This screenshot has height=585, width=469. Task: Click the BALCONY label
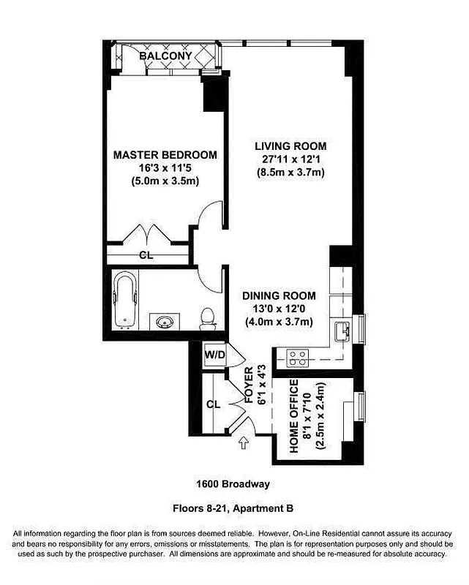click(166, 56)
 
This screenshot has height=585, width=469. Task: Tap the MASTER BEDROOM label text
click(165, 155)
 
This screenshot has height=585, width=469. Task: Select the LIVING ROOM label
click(290, 146)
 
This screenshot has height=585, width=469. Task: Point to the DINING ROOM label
click(279, 296)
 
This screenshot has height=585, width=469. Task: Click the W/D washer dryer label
click(214, 355)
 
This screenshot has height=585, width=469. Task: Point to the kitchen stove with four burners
click(299, 358)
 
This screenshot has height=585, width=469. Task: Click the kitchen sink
click(342, 333)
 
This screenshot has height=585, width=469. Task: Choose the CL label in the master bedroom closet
click(146, 255)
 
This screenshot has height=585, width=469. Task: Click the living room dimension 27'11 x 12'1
click(290, 159)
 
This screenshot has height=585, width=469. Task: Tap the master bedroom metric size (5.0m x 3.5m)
click(165, 181)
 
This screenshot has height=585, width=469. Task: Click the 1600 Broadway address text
click(233, 483)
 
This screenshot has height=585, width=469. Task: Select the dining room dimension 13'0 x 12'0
click(279, 309)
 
